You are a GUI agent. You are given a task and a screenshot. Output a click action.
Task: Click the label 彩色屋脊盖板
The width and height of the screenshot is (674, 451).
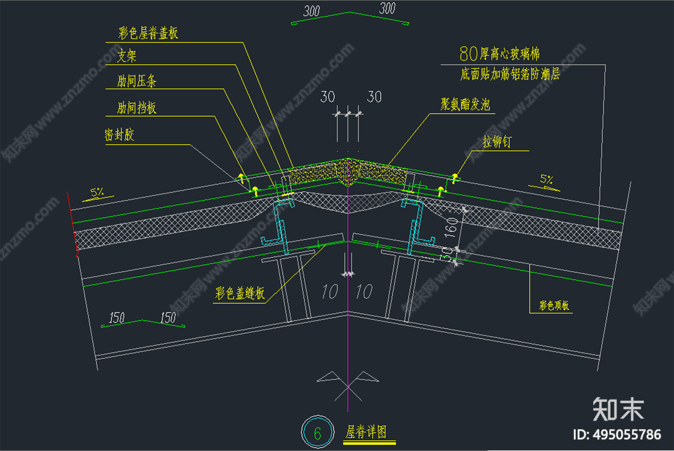[148, 33]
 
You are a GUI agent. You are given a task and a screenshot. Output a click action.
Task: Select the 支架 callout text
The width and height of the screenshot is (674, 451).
[127, 56]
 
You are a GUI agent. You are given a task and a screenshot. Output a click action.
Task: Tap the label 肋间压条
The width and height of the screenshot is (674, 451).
[136, 81]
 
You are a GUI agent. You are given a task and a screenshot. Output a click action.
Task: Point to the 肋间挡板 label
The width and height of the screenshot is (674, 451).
[136, 108]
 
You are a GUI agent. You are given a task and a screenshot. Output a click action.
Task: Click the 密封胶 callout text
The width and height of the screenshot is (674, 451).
[119, 135]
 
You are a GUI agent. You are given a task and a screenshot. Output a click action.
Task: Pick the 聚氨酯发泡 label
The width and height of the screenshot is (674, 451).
[465, 104]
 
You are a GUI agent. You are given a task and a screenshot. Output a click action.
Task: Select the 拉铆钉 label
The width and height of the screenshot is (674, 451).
[497, 142]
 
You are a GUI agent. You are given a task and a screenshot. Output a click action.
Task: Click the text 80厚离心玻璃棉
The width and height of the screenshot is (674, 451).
[499, 54]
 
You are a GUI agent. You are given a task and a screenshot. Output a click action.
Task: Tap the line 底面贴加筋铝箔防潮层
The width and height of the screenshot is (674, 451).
[510, 74]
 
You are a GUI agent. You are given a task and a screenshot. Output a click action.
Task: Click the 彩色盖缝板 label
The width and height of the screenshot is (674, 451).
[240, 293]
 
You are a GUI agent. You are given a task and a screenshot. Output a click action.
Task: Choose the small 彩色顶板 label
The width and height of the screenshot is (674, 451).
[554, 305]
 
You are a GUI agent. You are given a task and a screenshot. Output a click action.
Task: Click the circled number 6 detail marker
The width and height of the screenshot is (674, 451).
[318, 432]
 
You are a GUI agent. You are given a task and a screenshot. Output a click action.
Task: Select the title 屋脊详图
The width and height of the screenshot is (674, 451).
[366, 432]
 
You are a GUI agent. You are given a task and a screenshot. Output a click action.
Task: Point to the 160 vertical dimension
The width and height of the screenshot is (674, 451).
[451, 227]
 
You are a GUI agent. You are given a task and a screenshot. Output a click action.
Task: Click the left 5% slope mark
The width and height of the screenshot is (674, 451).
[97, 193]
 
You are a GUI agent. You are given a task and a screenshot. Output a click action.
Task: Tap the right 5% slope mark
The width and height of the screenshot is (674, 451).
[546, 180]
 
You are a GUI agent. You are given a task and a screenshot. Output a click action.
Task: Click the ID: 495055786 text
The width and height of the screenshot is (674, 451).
[617, 435]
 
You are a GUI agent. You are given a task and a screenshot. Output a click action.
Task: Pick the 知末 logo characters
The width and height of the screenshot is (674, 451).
[618, 409]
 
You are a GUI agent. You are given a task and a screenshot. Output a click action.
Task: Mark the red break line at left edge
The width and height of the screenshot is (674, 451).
[72, 223]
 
